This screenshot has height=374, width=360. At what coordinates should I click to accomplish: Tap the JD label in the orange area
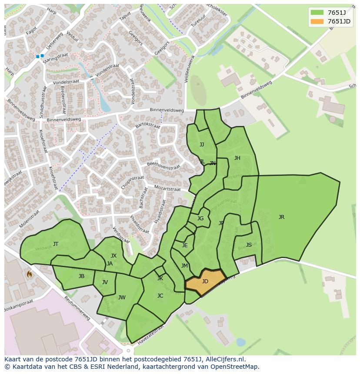tap(205, 281)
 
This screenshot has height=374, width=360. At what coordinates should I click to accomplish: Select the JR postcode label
tap(281, 217)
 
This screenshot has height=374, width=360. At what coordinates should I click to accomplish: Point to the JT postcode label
tap(56, 244)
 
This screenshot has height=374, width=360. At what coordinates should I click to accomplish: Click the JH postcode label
tap(237, 158)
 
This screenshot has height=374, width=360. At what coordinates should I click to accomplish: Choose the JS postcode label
tap(249, 245)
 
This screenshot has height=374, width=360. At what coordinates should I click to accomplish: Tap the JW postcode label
tap(122, 298)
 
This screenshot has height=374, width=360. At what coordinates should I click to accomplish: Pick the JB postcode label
tap(81, 276)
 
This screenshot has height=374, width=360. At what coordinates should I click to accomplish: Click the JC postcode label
tap(160, 296)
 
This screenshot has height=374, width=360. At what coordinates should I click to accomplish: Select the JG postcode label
tap(200, 218)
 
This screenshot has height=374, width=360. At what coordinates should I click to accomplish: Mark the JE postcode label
tap(185, 245)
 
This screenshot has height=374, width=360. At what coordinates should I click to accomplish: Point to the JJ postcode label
tap(202, 145)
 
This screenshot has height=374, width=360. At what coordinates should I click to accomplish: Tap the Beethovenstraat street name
tap(163, 165)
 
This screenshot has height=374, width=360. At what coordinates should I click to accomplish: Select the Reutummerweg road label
tap(77, 308)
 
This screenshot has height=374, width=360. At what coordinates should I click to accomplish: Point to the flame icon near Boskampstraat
tap(29, 274)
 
